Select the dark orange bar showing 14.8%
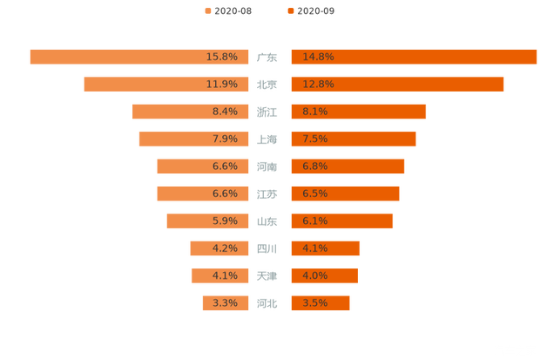pyautogui.click(x=414, y=57)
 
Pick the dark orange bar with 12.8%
pyautogui.click(x=397, y=85)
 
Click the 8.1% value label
pyautogui.click(x=315, y=112)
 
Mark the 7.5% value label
pyautogui.click(x=315, y=139)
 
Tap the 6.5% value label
pyautogui.click(x=315, y=194)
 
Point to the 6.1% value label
pyautogui.click(x=315, y=221)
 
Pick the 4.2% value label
pyautogui.click(x=225, y=248)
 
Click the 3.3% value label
pyautogui.click(x=225, y=303)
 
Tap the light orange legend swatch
pyautogui.click(x=207, y=10)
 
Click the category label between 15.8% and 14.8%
pyautogui.click(x=267, y=58)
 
